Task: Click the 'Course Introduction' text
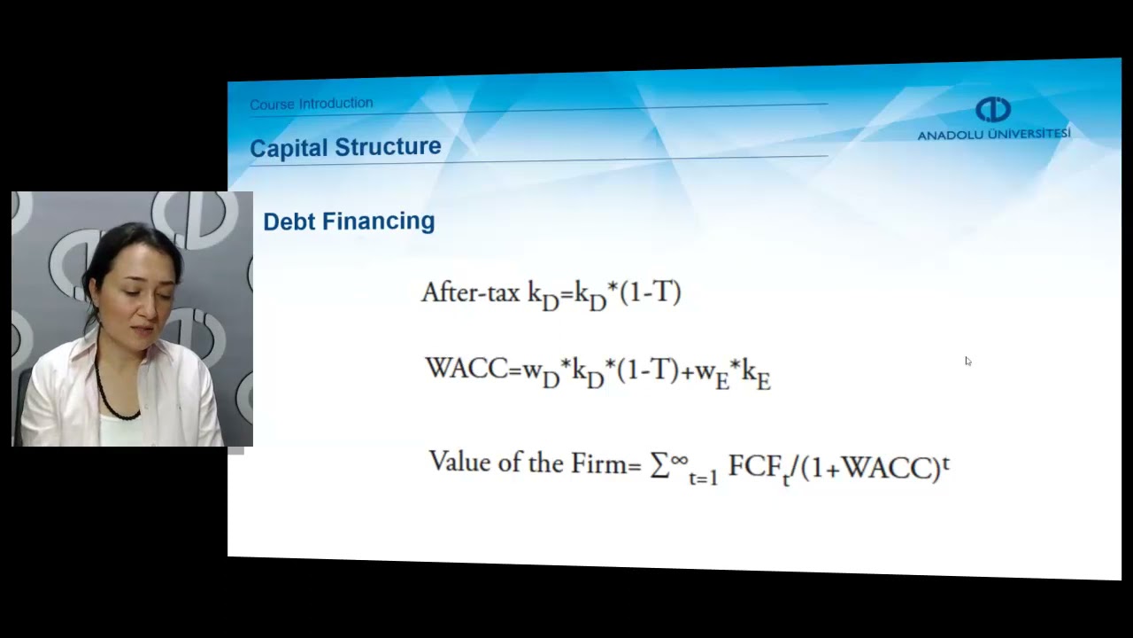(311, 104)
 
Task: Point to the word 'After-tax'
(470, 292)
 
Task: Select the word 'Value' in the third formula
(459, 462)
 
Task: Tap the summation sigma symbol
(659, 465)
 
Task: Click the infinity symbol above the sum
(679, 459)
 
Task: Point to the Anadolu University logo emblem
(992, 110)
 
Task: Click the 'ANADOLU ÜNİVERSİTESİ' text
(993, 135)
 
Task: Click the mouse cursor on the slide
(967, 361)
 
